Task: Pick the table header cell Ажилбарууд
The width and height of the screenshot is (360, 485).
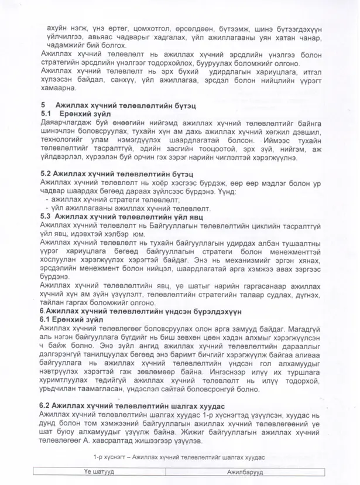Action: pyautogui.click(x=245, y=472)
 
